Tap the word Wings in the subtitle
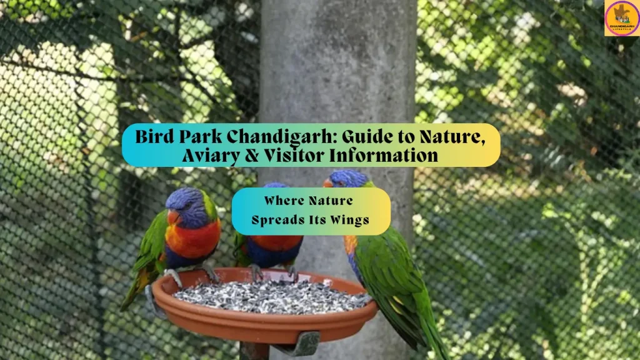[x=348, y=220]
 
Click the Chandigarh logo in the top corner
[x=622, y=17]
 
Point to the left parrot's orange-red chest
[x=194, y=239]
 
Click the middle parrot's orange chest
[x=272, y=242]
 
